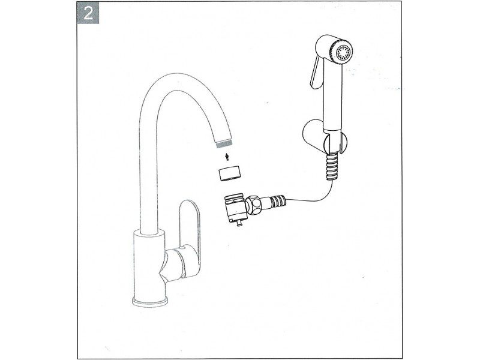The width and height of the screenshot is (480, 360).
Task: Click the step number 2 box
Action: point(88,13)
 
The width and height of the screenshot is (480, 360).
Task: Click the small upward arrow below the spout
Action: point(227,157)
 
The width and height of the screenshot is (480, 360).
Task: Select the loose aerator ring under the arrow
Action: point(230,173)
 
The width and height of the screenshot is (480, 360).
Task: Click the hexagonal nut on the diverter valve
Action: point(254,205)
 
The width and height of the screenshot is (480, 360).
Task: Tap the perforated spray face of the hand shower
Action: point(343,53)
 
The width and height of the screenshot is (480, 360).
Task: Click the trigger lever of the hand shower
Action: point(317,72)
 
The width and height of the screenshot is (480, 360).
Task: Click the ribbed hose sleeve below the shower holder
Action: point(333,167)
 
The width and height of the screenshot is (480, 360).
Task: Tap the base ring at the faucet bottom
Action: point(150,302)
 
